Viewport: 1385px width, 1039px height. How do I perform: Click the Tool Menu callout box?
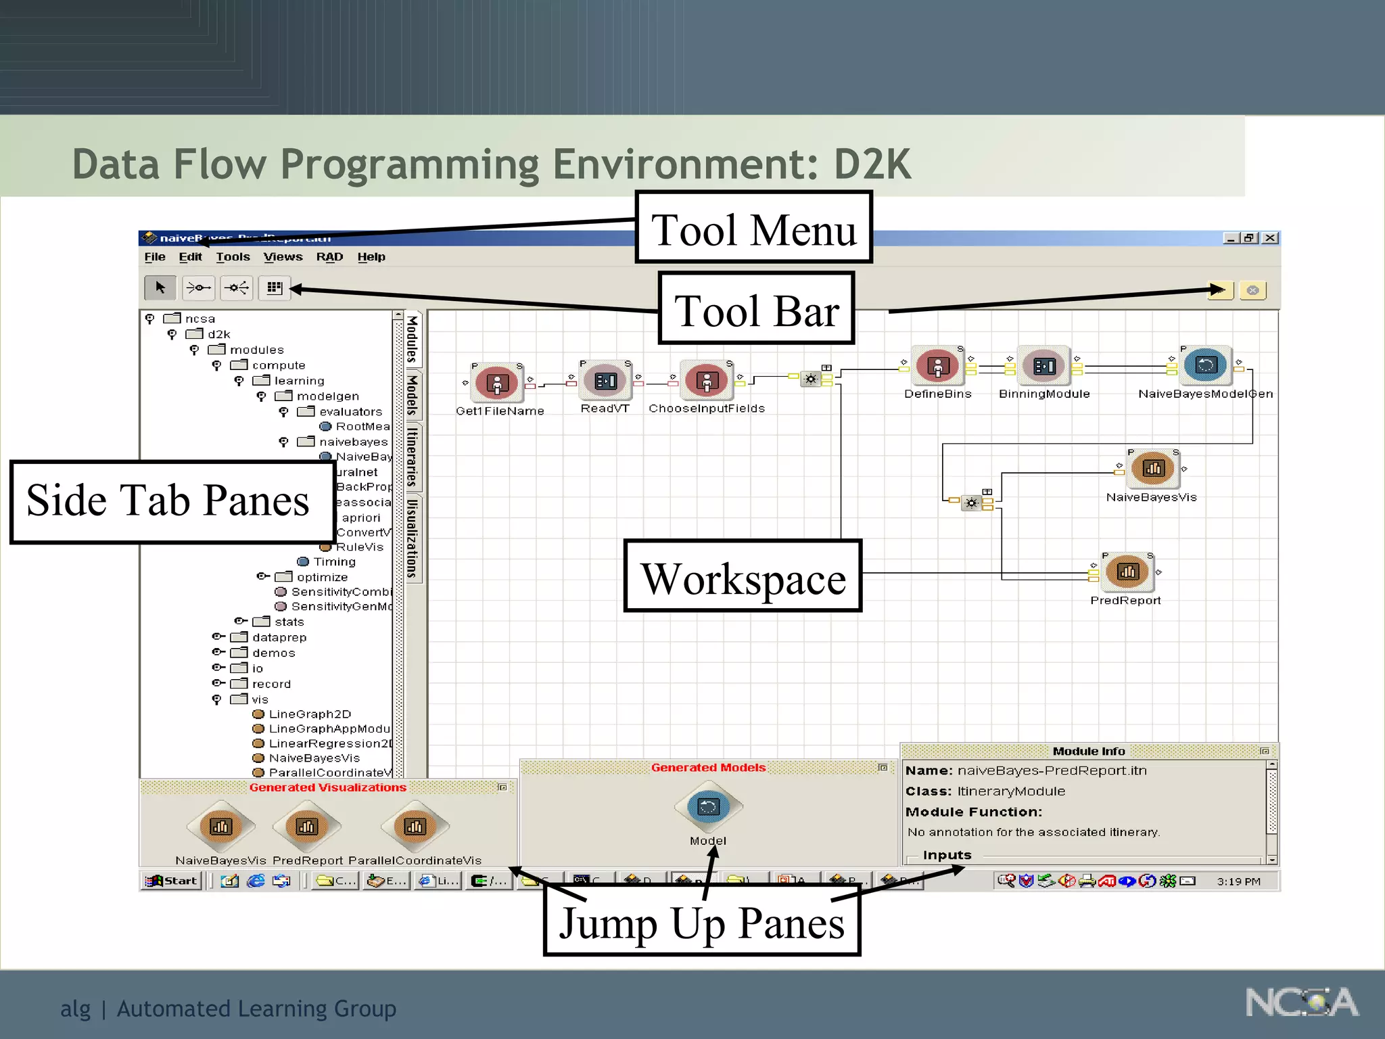(753, 228)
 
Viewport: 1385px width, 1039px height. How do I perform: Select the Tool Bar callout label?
(756, 309)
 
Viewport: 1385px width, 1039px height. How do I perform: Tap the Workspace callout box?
(743, 577)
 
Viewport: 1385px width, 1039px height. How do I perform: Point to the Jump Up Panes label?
(701, 921)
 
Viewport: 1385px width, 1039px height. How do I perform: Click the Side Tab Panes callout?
(172, 501)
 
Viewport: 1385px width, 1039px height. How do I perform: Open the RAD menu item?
(329, 257)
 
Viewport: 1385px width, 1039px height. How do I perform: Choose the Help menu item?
(371, 257)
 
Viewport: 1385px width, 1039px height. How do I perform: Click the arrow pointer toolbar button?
(160, 288)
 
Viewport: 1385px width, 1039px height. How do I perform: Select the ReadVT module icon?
(605, 382)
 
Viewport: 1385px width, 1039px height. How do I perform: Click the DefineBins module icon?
(937, 367)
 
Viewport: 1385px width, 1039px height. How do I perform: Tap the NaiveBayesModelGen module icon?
(1206, 366)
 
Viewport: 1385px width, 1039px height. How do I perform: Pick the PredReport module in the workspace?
(1127, 572)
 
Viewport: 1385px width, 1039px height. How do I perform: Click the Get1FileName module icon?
(497, 384)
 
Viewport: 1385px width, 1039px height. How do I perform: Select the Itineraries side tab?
(412, 457)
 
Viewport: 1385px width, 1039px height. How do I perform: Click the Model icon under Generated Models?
(708, 807)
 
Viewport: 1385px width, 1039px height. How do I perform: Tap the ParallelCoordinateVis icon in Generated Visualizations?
(415, 827)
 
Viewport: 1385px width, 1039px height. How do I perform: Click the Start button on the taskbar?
(172, 881)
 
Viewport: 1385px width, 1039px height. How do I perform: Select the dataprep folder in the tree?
(279, 637)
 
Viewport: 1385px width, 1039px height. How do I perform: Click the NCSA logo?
(1301, 1002)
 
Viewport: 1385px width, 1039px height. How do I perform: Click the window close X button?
(1270, 238)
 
